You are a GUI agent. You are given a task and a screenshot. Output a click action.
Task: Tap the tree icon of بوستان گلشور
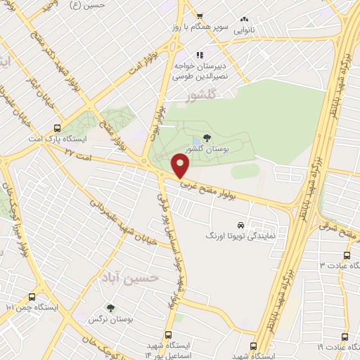point(206,138)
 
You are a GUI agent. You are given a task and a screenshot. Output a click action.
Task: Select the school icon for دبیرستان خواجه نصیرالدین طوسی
point(200,54)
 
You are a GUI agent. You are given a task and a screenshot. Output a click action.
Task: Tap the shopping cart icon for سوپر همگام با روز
point(200,15)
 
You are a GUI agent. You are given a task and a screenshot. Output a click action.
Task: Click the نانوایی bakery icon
point(244,20)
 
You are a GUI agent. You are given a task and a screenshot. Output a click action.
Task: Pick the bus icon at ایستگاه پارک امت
point(58,129)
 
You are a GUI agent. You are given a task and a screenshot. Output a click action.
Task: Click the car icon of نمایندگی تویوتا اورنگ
point(241,225)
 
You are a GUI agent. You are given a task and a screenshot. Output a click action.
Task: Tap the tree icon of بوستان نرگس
point(110,307)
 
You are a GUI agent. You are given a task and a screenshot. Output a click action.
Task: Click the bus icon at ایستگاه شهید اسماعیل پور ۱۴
point(167,335)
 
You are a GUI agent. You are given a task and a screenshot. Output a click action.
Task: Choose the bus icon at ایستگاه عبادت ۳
point(347,255)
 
